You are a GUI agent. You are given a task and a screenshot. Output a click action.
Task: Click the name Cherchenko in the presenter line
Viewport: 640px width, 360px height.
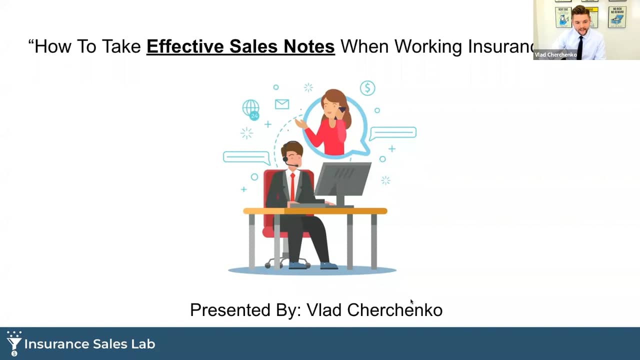point(394,310)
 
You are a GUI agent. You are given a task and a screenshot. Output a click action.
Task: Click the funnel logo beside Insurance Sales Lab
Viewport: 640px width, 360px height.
point(13,343)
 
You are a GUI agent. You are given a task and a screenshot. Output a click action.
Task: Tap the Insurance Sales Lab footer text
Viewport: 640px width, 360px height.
point(90,344)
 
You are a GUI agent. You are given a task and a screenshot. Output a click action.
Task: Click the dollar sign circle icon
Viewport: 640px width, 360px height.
point(367,88)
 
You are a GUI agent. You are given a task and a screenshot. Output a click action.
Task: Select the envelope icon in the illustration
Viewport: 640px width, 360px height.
point(282,104)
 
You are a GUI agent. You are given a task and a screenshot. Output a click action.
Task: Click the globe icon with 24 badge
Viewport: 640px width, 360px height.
point(251,108)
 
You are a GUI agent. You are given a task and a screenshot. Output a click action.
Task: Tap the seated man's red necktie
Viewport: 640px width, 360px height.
point(292,186)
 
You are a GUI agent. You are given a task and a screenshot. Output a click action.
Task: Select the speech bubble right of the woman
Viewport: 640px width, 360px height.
point(393,132)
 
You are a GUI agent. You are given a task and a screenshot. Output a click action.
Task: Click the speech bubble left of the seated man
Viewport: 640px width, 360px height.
point(246,157)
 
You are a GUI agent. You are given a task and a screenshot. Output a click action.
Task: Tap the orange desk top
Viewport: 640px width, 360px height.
point(315,211)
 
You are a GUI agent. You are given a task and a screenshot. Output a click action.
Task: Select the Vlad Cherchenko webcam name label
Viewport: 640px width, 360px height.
point(555,55)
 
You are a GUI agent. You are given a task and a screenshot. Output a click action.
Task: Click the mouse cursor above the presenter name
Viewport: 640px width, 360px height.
point(412,301)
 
